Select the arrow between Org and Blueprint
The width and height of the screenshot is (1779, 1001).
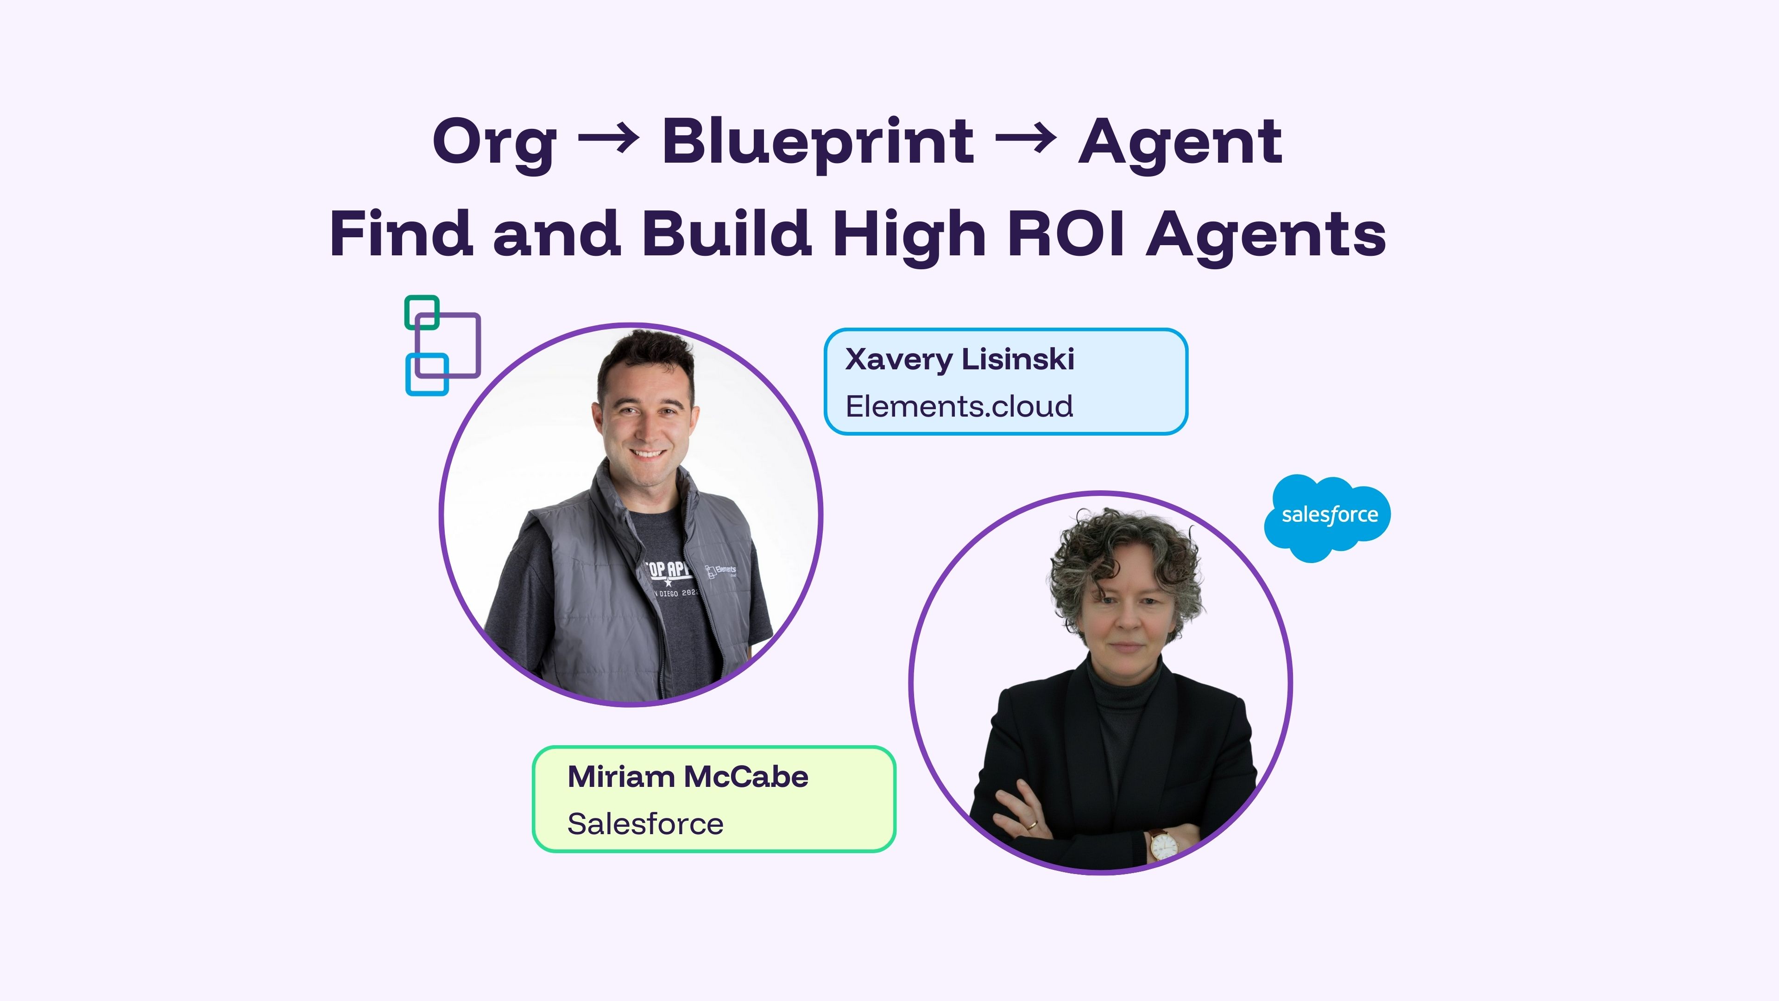pos(608,139)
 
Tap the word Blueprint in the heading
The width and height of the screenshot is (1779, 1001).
pos(818,143)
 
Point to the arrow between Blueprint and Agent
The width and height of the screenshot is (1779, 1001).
pos(1026,139)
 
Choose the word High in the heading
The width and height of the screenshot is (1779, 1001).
pos(909,236)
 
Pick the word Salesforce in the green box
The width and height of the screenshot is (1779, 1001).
pos(645,824)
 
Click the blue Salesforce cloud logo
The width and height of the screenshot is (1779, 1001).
pos(1327,518)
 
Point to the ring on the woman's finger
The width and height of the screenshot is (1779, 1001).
pos(1031,824)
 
